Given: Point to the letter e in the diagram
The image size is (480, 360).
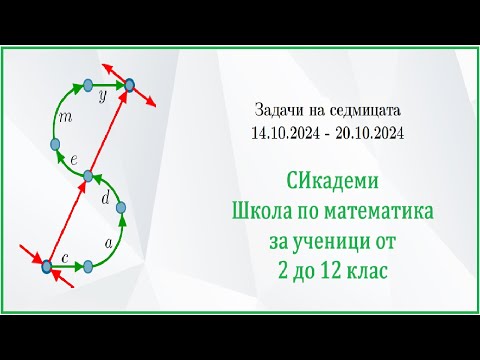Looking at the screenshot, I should coord(74,159).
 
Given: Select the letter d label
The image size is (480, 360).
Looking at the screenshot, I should coord(106,198).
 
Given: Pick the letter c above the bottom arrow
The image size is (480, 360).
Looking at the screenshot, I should coord(66,258).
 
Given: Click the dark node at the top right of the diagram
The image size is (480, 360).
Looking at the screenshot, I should coord(129,86).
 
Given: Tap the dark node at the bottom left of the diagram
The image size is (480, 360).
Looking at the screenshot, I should coord(46,266).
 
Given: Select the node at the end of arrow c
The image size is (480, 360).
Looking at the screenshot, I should coord(88,266).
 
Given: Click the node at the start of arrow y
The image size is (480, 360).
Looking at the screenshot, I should coord(88,86).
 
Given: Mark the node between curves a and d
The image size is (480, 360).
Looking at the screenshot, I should coord(123,209).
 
